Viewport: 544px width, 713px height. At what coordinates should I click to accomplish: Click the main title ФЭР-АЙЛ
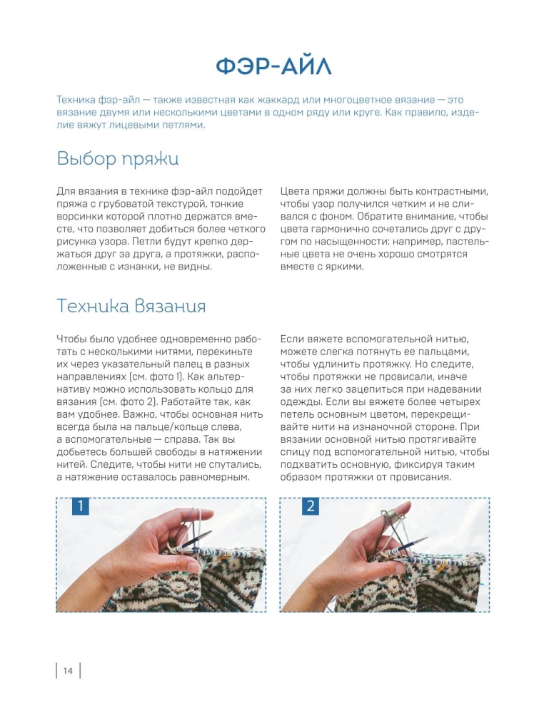coord(273,67)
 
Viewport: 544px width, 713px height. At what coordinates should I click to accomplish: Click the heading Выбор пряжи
coord(117,158)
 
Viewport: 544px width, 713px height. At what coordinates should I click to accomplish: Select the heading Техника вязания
coord(131,306)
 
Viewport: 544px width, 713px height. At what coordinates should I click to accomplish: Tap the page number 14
coord(68,671)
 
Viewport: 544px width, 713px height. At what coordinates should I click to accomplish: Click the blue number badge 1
coord(81,507)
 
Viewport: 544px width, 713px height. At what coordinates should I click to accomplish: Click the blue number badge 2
coord(311,507)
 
